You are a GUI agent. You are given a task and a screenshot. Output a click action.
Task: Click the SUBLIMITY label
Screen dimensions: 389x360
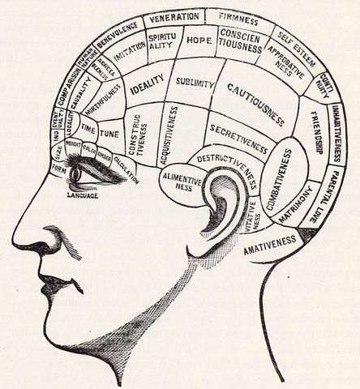click(x=195, y=83)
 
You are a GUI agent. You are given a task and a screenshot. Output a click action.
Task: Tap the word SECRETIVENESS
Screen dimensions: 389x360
click(x=238, y=137)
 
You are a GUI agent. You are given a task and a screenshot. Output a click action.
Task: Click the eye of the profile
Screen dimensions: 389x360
click(x=77, y=173)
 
